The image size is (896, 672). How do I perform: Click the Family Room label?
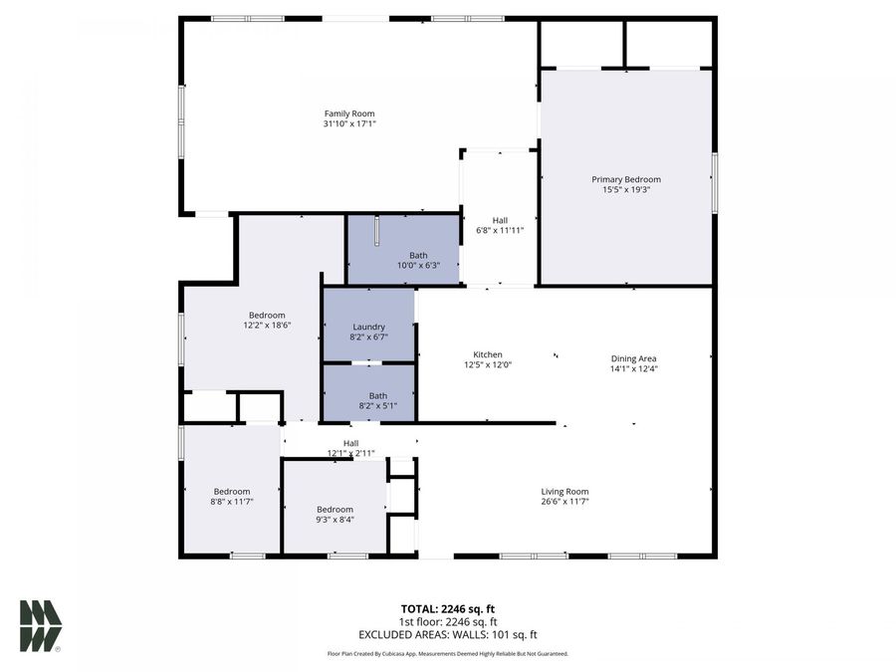(x=348, y=113)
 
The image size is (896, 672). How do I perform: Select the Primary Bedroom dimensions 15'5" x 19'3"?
(x=626, y=190)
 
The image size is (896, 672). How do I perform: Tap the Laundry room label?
(x=368, y=327)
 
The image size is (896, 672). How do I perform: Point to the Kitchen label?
(x=487, y=354)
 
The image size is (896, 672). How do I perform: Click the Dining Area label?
(x=633, y=358)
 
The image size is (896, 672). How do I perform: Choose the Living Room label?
(x=564, y=491)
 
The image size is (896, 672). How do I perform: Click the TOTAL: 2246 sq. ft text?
(x=447, y=608)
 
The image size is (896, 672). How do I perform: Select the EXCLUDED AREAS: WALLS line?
(x=447, y=634)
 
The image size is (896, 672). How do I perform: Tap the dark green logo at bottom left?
(x=40, y=626)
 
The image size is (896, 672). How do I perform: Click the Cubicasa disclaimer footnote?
(x=447, y=654)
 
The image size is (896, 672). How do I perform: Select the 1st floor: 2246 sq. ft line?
(x=447, y=621)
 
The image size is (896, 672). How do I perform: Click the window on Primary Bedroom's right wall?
(x=714, y=181)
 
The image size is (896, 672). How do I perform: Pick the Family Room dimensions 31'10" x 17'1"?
(x=348, y=124)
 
